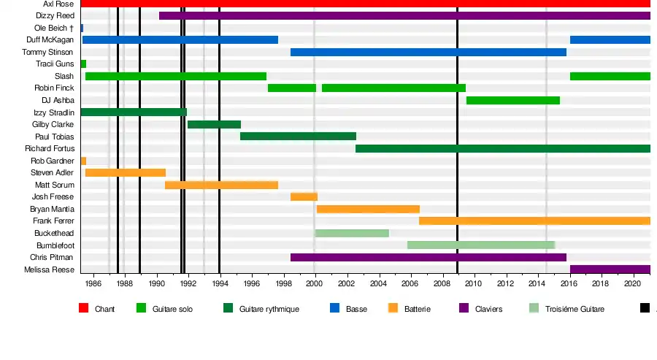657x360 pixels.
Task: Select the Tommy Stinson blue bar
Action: [x=428, y=52]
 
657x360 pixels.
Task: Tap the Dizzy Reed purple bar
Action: [x=404, y=15]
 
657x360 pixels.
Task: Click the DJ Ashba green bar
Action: [x=512, y=100]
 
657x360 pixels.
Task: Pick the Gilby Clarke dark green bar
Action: [x=214, y=124]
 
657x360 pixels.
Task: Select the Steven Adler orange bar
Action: [x=125, y=172]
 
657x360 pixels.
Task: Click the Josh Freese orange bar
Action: [x=304, y=196]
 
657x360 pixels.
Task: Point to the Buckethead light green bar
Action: [x=351, y=233]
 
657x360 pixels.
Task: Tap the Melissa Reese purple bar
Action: [x=610, y=269]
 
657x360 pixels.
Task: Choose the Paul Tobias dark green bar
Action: [x=298, y=136]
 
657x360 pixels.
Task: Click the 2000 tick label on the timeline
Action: [x=315, y=283]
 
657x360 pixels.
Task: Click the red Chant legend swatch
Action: [x=83, y=309]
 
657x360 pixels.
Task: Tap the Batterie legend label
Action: [x=417, y=310]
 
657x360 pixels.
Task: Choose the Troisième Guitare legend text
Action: [x=575, y=310]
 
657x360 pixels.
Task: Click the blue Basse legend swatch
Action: [x=335, y=309]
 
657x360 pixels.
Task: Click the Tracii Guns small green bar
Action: [x=83, y=64]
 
